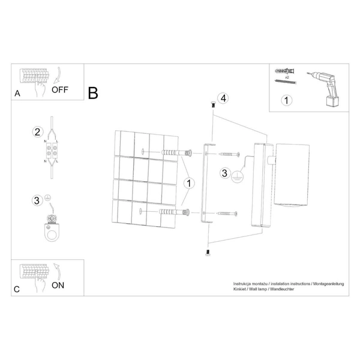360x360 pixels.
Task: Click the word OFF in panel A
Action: click(61, 91)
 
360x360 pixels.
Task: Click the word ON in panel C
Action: click(58, 285)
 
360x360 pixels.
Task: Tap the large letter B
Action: click(93, 93)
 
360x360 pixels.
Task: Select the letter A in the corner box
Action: click(17, 93)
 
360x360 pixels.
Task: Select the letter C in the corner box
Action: click(17, 289)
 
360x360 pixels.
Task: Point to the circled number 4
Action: click(223, 98)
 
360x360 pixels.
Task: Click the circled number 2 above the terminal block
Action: click(37, 132)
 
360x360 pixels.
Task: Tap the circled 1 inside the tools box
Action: click(287, 100)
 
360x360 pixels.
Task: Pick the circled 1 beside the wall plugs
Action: click(190, 182)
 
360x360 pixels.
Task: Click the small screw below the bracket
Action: click(208, 253)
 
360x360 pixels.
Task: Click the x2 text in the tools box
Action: click(287, 78)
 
